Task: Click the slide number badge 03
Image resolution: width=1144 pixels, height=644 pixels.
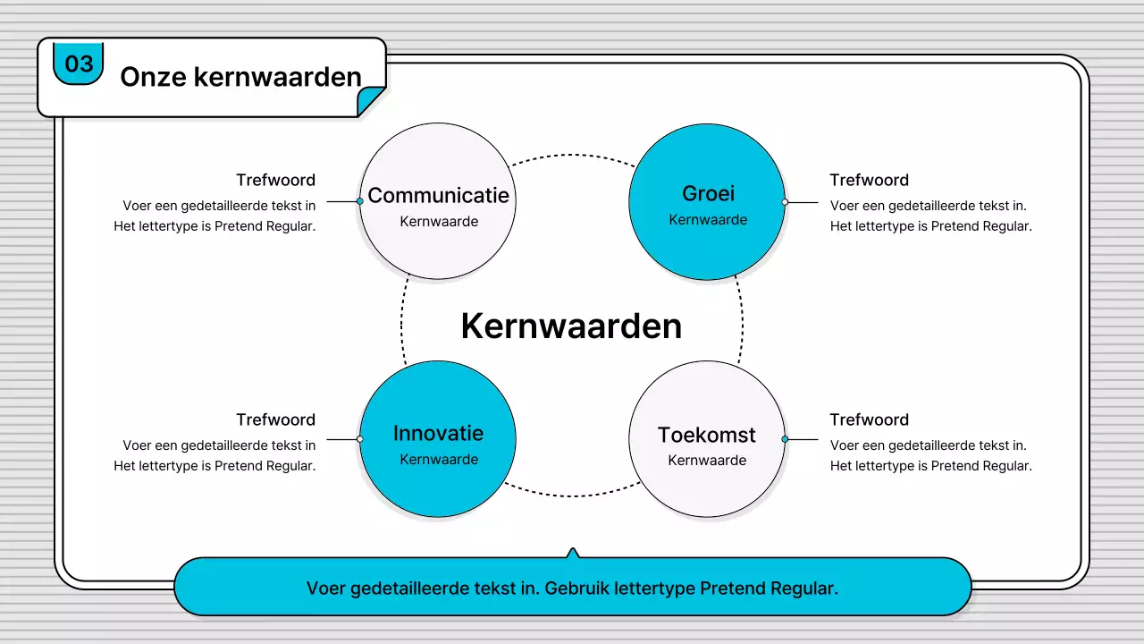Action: pos(79,64)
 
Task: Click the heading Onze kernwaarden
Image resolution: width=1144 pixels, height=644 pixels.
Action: pos(240,77)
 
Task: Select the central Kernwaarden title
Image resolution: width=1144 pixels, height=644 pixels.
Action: pos(571,326)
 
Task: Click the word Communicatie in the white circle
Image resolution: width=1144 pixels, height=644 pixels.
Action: pos(438,195)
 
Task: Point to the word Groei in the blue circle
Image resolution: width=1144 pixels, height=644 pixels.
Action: pos(708,193)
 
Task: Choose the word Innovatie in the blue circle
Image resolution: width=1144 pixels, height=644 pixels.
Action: pos(438,434)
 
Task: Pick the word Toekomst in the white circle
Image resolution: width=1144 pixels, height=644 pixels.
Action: pos(707,435)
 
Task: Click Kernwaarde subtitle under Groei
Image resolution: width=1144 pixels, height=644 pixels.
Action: pos(708,220)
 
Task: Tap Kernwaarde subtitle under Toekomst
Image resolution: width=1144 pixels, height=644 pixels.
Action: pos(707,461)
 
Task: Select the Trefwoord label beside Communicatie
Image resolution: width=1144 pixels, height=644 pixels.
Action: pos(275,181)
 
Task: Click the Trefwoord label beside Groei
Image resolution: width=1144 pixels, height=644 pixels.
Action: pos(869,181)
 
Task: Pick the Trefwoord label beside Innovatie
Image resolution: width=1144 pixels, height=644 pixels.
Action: pos(275,420)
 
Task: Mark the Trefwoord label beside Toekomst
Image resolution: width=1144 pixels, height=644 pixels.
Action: pos(869,420)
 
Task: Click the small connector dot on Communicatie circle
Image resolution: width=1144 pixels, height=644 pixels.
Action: pos(360,201)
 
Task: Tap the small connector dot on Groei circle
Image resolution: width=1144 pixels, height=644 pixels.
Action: pos(785,202)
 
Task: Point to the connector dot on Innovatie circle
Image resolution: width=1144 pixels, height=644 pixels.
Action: pos(360,439)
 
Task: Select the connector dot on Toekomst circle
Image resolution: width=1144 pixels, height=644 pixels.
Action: pos(785,439)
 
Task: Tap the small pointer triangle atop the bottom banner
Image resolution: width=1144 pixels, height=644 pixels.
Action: pos(573,553)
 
